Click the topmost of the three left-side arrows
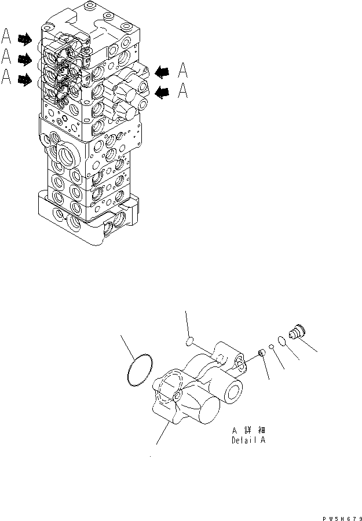pos(25,39)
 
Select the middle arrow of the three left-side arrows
pos(25,59)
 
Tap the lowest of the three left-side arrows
pos(25,79)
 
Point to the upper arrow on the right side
pos(163,71)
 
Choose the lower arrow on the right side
pos(163,91)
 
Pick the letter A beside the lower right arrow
pos(183,90)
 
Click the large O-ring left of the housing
pos(140,369)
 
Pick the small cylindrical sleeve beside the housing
pos(261,352)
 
